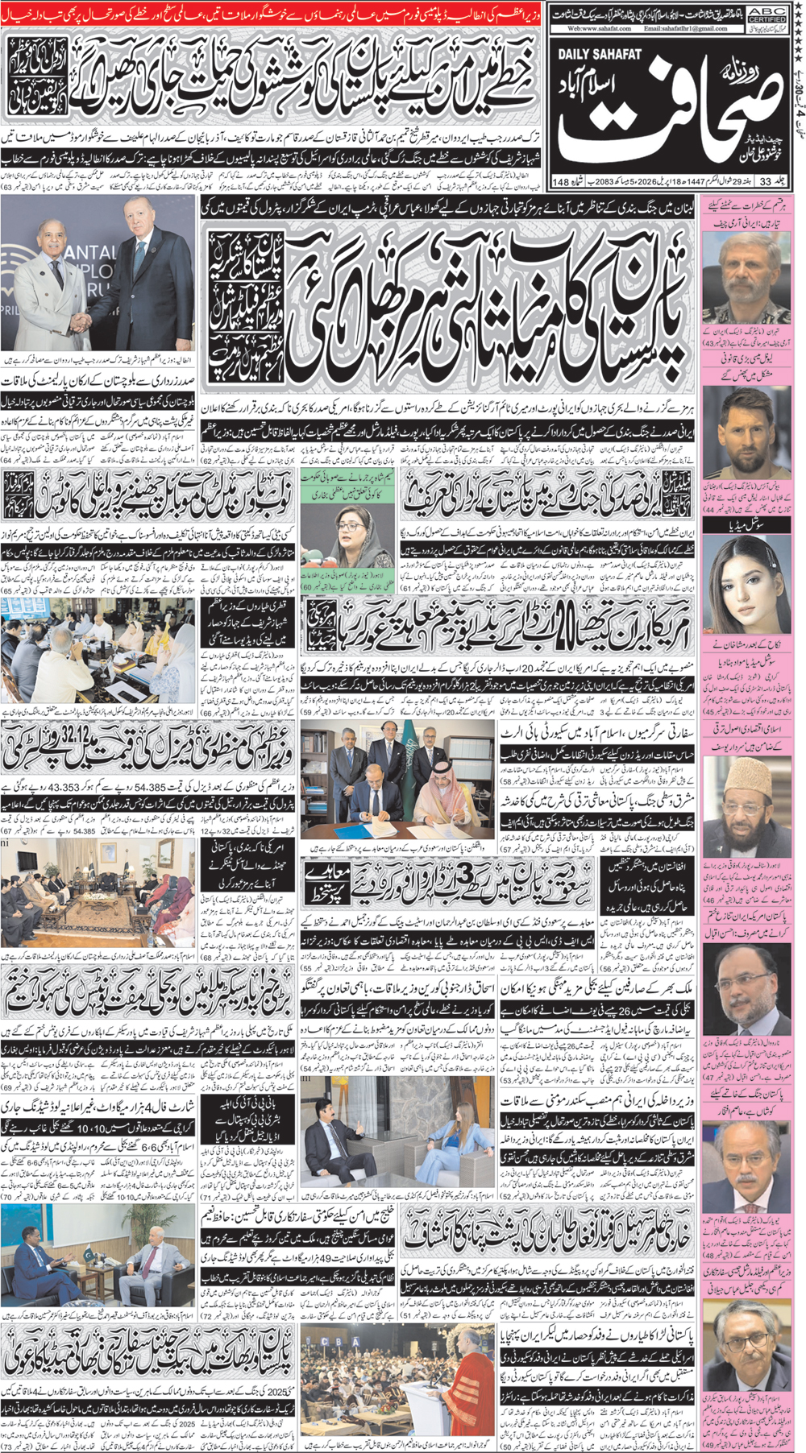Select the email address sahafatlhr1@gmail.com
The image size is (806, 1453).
[685, 27]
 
